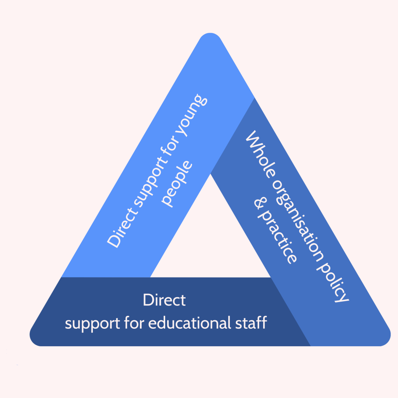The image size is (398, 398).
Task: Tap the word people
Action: pyautogui.click(x=177, y=183)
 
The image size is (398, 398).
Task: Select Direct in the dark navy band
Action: pyautogui.click(x=164, y=300)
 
